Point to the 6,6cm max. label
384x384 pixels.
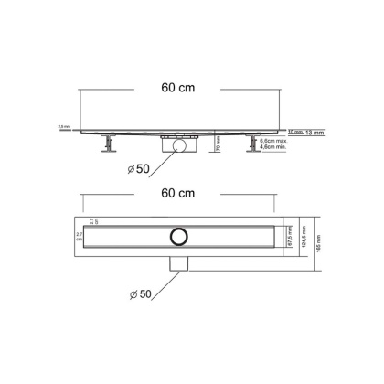249,140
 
